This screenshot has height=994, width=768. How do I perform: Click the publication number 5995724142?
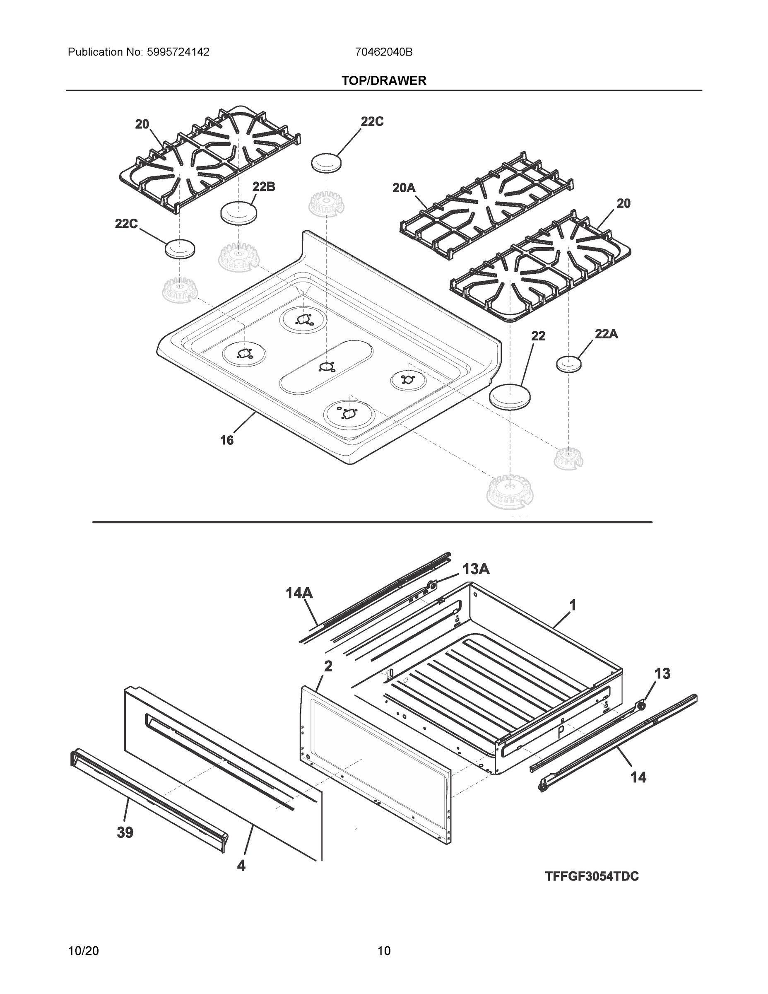178,52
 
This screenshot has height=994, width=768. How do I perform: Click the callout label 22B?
264,187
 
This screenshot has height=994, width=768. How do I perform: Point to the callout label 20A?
404,188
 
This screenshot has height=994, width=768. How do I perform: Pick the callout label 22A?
606,334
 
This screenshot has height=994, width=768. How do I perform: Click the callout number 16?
226,440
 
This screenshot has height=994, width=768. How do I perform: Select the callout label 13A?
476,569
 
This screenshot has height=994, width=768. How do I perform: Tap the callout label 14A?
299,593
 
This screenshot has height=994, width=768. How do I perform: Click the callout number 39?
125,832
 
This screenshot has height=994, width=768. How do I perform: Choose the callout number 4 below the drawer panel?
241,865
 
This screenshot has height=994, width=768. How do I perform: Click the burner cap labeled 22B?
238,212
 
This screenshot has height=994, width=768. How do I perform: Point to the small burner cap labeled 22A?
569,363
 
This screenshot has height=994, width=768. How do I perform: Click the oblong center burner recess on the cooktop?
326,367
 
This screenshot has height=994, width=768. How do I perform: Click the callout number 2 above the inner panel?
327,666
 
